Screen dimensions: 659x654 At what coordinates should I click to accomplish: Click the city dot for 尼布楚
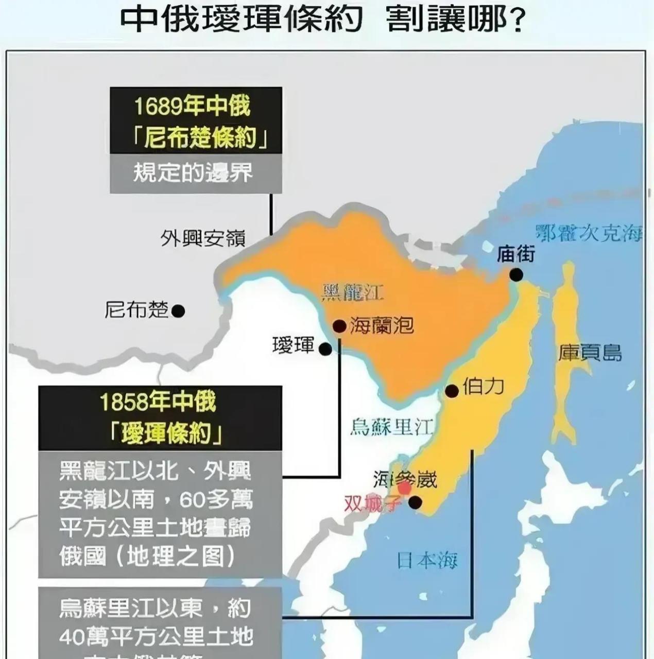coord(178,311)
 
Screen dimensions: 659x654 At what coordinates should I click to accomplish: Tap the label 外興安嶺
coord(203,238)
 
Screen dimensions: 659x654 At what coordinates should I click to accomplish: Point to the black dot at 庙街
coord(516,275)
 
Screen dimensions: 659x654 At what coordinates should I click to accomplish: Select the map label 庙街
coord(517,254)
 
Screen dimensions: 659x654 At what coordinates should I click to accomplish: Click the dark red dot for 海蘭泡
coord(339,326)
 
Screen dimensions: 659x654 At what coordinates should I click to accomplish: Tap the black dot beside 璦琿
coord(325,350)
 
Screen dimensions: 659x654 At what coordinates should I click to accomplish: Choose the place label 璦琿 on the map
coord(294,345)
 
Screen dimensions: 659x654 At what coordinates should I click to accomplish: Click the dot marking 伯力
coord(452,391)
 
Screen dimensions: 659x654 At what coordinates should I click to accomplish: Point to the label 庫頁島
coord(590,353)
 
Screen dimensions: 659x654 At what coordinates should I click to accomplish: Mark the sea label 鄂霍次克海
coord(589,233)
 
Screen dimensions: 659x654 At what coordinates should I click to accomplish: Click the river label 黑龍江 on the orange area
coord(353,292)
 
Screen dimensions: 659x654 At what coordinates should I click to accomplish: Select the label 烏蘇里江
coord(391,427)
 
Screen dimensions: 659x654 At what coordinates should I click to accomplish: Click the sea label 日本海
coord(427,560)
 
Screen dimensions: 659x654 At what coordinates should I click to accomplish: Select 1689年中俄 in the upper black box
coord(192,107)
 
